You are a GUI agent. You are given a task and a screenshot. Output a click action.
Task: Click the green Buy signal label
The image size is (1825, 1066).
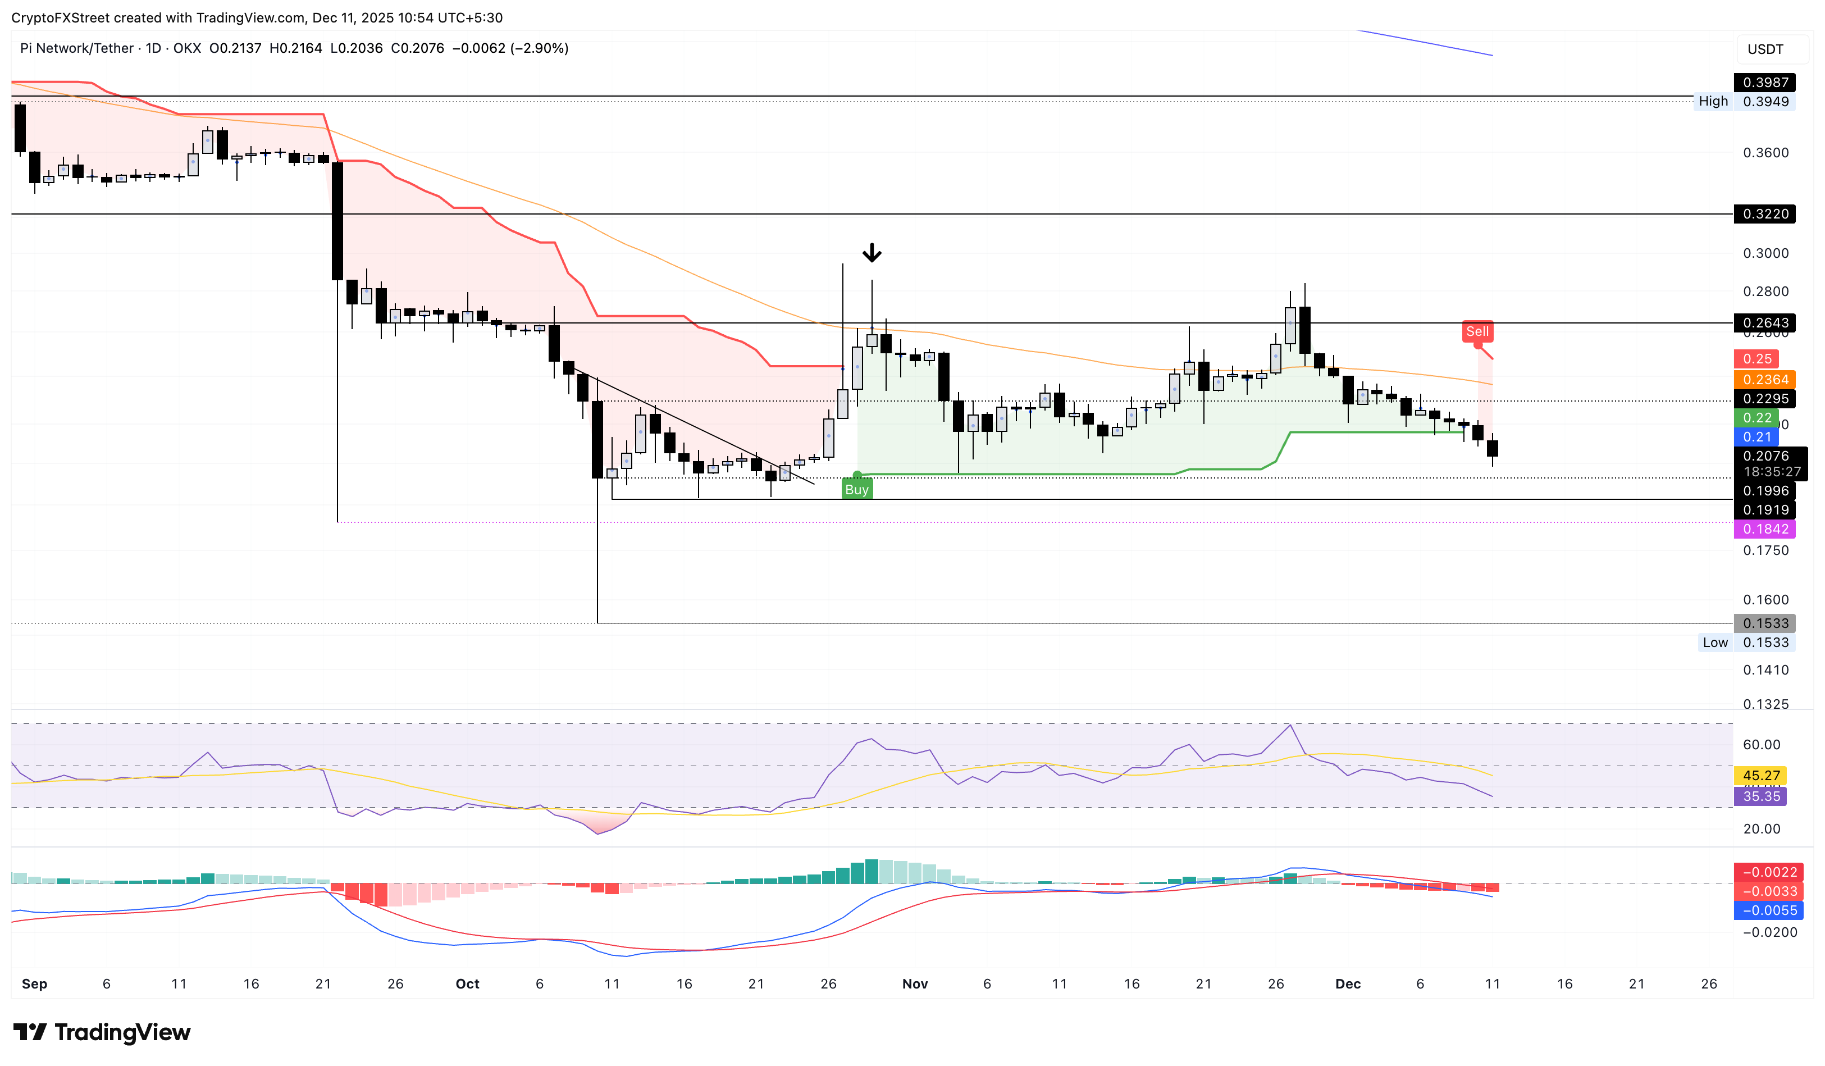point(857,490)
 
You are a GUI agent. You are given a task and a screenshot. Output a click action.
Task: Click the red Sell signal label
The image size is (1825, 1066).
point(1477,332)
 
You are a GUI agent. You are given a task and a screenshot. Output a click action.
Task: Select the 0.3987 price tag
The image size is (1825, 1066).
point(1765,83)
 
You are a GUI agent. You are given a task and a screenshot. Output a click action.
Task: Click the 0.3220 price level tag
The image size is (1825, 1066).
point(1765,213)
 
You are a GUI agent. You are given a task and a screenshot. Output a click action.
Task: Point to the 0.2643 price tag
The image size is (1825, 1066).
point(1765,323)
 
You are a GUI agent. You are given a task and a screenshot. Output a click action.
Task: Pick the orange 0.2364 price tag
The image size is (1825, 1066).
point(1765,380)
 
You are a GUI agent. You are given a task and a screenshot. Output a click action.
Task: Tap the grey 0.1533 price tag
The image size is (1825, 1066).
point(1765,623)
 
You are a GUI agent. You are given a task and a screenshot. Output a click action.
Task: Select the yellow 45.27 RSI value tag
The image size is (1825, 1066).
point(1760,776)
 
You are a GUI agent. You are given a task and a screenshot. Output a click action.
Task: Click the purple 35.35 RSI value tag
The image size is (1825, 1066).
point(1760,796)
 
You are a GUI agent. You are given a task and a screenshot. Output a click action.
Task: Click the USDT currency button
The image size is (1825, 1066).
point(1765,49)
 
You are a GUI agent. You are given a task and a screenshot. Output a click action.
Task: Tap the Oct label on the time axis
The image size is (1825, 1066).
point(467,983)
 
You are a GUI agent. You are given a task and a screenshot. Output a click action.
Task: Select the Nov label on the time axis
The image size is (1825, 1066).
point(915,983)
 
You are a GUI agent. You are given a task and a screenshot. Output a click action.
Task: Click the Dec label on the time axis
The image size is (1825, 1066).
point(1348,983)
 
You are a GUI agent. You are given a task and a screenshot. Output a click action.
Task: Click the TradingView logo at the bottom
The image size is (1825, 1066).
point(102,1032)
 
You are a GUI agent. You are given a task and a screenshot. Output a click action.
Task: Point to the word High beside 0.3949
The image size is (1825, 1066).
point(1713,102)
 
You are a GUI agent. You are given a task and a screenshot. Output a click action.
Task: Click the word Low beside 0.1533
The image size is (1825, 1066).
point(1715,643)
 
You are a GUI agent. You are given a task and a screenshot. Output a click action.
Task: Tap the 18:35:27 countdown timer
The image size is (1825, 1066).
point(1772,471)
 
